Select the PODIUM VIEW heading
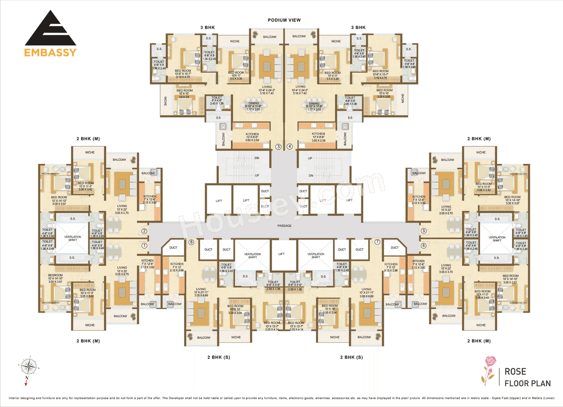click(284, 20)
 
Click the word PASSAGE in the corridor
click(285, 226)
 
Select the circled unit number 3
click(278, 147)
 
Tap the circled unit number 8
click(191, 242)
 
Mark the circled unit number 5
click(424, 231)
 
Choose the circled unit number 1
click(144, 245)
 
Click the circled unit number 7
click(377, 242)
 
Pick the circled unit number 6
click(424, 245)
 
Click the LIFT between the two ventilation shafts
click(284, 254)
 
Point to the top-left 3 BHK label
click(207, 27)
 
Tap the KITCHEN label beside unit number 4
click(318, 134)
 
